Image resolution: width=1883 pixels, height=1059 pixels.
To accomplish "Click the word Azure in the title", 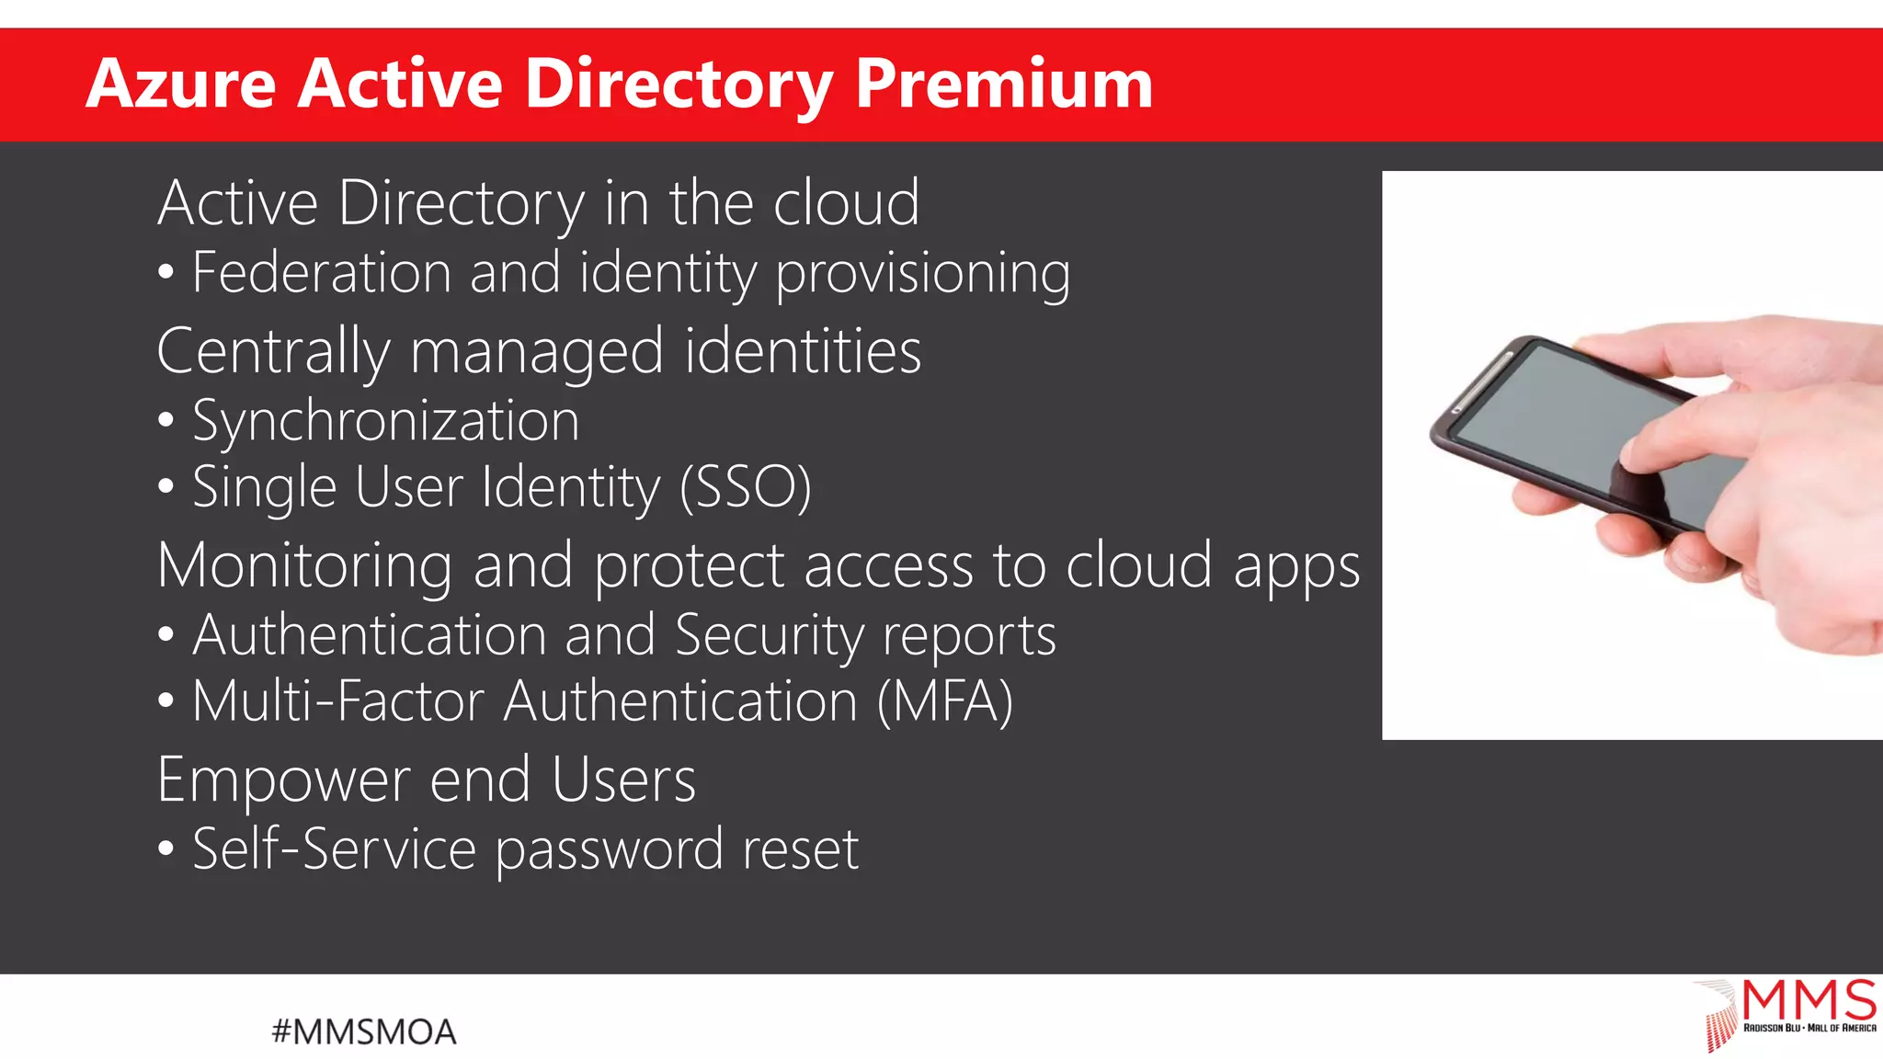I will (181, 85).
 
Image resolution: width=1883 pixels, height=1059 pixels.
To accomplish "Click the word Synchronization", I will (386, 421).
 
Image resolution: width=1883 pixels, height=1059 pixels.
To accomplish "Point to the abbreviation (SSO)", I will (746, 487).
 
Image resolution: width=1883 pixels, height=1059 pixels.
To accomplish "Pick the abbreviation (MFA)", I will (944, 701).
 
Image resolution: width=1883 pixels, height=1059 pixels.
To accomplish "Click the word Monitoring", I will (304, 565).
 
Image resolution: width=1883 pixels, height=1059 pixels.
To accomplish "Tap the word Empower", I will (283, 780).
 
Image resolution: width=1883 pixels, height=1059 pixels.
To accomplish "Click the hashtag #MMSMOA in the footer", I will (364, 1031).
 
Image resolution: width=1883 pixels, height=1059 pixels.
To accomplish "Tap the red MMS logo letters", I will (1809, 999).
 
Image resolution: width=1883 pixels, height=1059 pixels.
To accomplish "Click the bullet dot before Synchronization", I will (165, 421).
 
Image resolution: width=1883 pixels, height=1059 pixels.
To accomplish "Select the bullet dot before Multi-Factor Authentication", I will (165, 701).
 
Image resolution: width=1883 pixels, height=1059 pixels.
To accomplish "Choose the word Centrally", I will (273, 352).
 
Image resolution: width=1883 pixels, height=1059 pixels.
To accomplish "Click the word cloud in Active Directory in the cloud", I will (846, 203).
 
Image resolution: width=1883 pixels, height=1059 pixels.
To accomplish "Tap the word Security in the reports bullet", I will (770, 635).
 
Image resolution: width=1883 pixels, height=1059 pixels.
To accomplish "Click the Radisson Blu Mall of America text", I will (1809, 1028).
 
